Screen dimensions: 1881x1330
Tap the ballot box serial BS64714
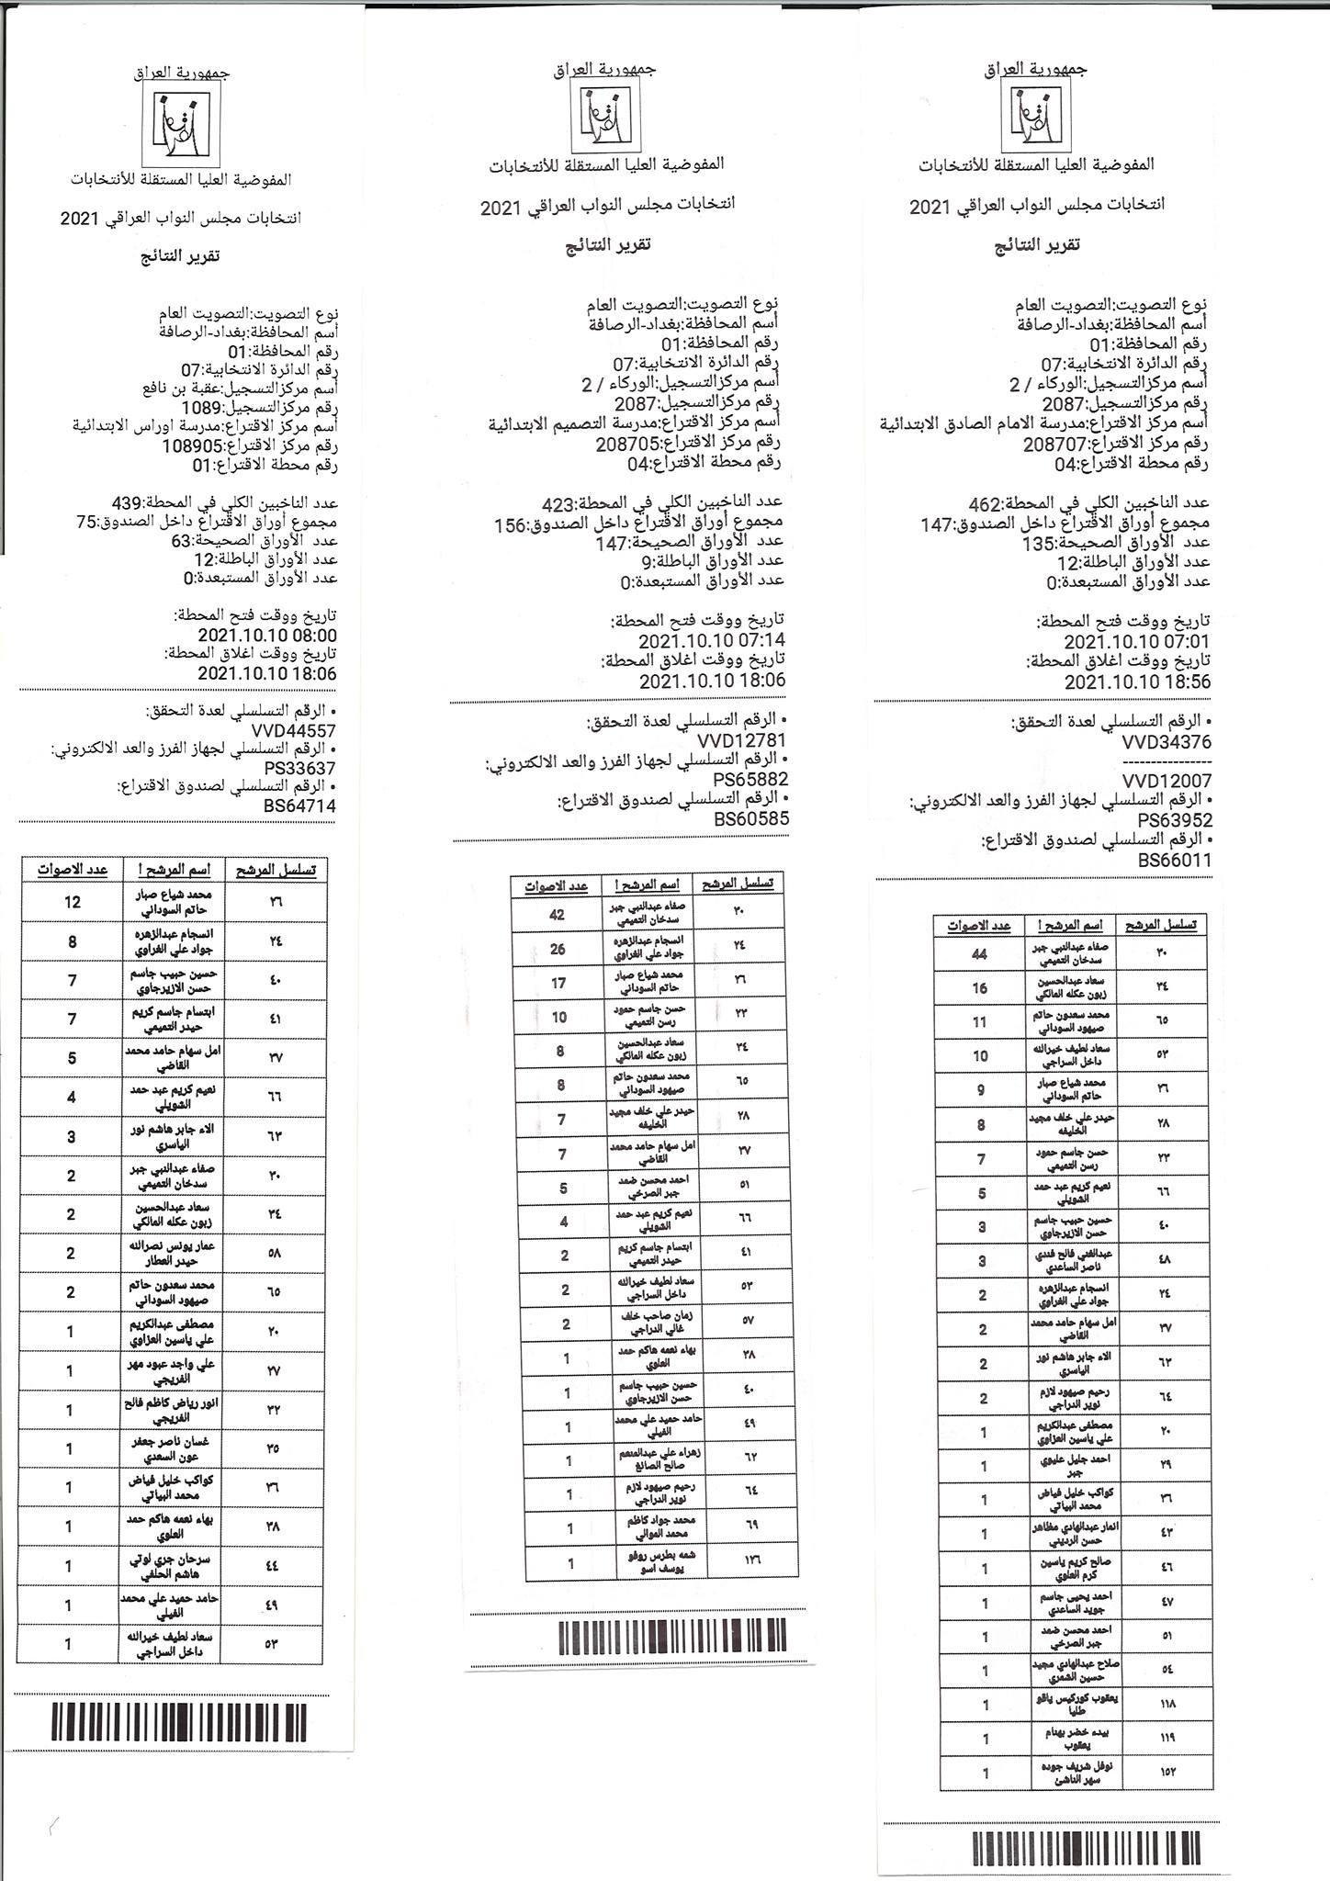tap(299, 805)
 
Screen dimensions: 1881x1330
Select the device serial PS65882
tap(750, 778)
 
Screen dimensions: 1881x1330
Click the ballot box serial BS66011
tap(1174, 861)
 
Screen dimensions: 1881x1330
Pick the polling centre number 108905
tap(196, 446)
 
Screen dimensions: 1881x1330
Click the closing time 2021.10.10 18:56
tap(1137, 681)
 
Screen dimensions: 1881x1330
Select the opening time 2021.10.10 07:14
tap(712, 640)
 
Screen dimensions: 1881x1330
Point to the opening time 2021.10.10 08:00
tap(267, 636)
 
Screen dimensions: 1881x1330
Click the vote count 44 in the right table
tap(979, 954)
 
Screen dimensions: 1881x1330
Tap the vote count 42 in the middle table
tap(558, 915)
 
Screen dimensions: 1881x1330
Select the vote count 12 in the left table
tap(72, 902)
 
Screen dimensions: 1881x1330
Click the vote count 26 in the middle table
tap(558, 950)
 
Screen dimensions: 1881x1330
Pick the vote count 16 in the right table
tap(979, 988)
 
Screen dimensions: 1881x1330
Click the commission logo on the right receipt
tap(1036, 117)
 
